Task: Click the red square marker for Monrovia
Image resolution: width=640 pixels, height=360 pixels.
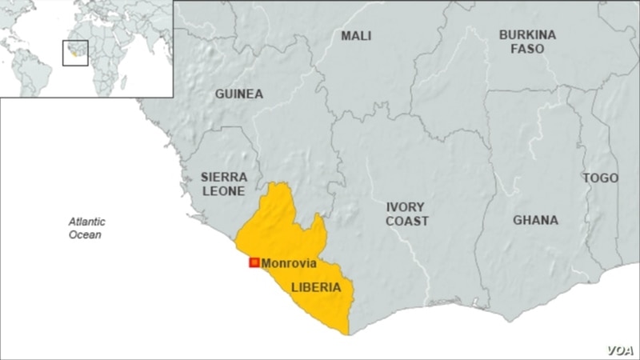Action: pyautogui.click(x=254, y=262)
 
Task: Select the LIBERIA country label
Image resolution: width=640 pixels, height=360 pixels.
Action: pyautogui.click(x=316, y=286)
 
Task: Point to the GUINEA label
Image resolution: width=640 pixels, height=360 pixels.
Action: pyautogui.click(x=238, y=94)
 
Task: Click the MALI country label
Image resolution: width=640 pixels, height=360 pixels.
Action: pyautogui.click(x=356, y=36)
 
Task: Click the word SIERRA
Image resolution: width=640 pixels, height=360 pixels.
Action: pyautogui.click(x=224, y=176)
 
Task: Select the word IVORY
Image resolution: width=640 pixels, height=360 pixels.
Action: pyautogui.click(x=406, y=206)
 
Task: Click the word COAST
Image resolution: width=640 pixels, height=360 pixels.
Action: pyautogui.click(x=407, y=221)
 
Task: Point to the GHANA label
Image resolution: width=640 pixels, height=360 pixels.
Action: pyautogui.click(x=535, y=220)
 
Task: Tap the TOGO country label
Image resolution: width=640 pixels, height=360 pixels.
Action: pyautogui.click(x=600, y=178)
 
